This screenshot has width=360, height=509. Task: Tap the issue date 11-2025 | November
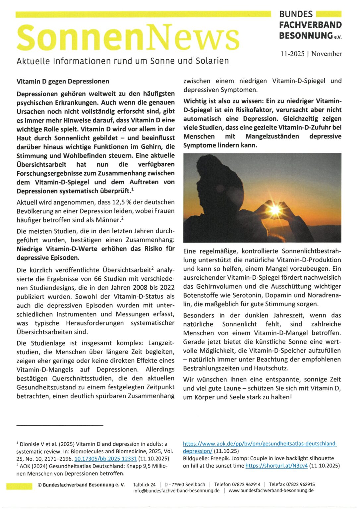311,54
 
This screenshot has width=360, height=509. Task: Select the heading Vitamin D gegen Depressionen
63,82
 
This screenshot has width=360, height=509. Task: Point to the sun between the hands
275,209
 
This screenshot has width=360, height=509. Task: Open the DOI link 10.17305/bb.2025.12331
105,459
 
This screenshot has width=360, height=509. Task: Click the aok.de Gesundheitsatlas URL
260,444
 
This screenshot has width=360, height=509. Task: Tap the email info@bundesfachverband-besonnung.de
176,491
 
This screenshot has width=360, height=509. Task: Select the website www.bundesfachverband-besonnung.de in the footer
271,491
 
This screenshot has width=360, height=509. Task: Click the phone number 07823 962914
246,484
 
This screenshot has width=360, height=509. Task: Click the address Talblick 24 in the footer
144,484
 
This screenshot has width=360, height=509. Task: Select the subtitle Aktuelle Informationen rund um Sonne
123,61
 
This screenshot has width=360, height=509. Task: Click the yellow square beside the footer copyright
19,486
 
